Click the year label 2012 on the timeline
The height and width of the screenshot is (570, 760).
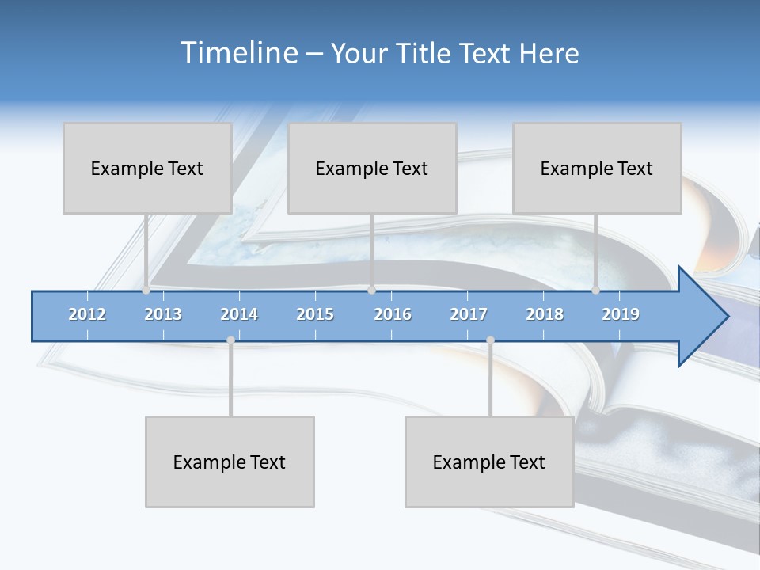tap(87, 314)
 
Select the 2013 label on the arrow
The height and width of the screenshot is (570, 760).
tap(163, 314)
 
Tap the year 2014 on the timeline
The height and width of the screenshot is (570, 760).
tap(239, 314)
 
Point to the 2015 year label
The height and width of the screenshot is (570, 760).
tap(315, 314)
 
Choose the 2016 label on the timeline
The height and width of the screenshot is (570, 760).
tap(393, 314)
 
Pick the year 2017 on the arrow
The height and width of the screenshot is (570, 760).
tap(469, 314)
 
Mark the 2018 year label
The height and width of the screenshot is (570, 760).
tap(545, 314)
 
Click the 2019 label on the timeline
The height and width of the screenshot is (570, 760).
tap(621, 314)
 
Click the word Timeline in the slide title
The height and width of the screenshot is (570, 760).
tap(237, 53)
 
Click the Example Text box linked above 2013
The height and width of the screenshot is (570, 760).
tap(147, 168)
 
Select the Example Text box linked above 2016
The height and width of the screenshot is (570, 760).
tap(372, 168)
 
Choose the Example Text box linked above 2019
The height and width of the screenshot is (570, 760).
tap(597, 168)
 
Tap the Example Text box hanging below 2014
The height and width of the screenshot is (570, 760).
tap(230, 462)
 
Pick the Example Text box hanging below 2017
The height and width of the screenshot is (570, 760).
tap(489, 462)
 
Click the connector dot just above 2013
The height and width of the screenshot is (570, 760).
tap(146, 291)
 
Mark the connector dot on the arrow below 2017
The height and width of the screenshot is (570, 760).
tap(490, 340)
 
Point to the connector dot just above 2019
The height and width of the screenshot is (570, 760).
tap(596, 291)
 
